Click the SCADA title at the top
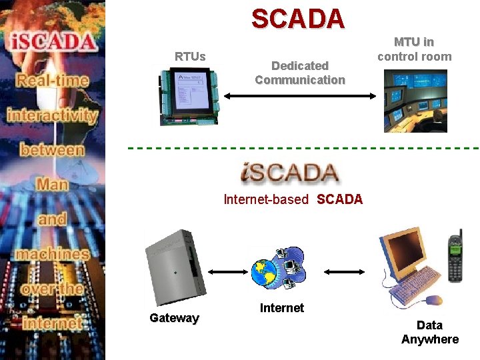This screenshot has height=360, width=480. tap(298, 19)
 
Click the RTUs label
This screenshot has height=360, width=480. tap(190, 56)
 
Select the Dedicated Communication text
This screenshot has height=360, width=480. tap(300, 73)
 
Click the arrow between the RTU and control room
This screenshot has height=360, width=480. tap(299, 96)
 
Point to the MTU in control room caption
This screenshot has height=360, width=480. tap(414, 49)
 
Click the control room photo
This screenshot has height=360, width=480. tap(415, 101)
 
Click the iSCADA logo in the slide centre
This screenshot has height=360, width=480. tap(289, 173)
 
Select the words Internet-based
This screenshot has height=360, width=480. tap(266, 199)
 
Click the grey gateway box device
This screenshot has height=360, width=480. tap(174, 267)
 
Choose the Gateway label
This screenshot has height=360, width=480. tap(174, 318)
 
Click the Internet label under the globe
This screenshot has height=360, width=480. tap(282, 308)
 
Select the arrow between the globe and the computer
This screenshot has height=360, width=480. tap(344, 272)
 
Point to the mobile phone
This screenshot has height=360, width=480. tap(455, 257)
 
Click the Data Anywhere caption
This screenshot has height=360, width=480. tap(429, 332)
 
